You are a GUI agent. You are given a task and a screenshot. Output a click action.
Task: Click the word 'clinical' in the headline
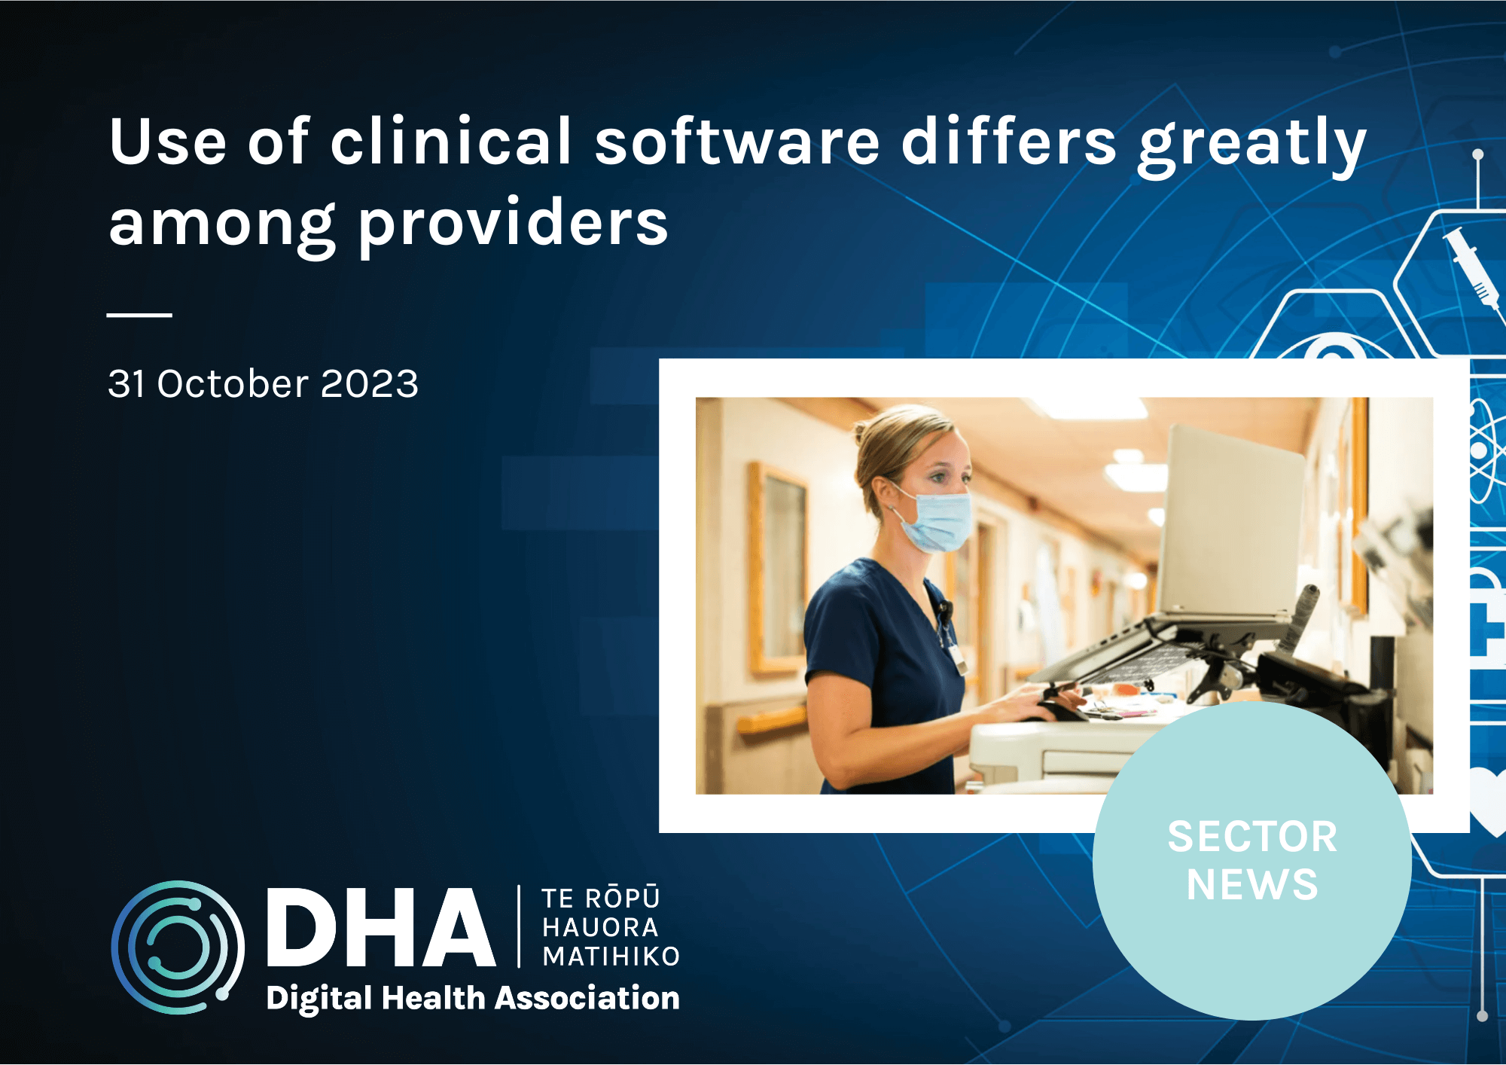452,141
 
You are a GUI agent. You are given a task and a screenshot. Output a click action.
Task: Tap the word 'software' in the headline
737,141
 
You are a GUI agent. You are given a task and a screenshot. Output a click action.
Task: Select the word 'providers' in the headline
513,223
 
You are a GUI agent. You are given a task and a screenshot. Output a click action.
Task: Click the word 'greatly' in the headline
1251,146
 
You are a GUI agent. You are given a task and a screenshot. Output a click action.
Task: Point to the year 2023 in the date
369,383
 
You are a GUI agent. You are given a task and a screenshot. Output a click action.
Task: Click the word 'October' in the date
233,383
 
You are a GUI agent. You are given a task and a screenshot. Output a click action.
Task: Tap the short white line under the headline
139,315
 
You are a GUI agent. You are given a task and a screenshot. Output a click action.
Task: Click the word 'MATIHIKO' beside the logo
611,957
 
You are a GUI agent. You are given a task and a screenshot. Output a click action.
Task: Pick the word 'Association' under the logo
587,998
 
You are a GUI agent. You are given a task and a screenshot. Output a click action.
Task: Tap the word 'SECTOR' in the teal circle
1252,837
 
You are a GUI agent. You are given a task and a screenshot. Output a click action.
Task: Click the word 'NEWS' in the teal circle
1252,884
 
